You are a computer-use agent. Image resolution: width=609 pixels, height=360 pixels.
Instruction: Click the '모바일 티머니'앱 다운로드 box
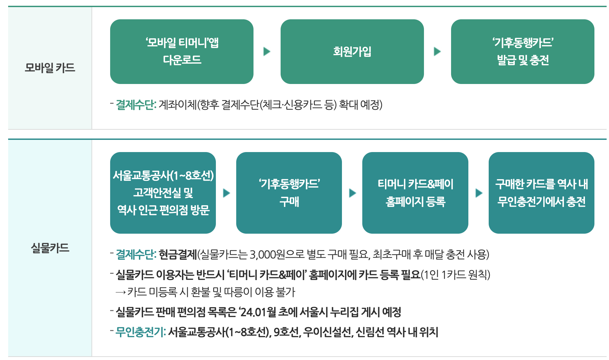[182, 51]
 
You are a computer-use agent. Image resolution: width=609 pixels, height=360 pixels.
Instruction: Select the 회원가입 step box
[352, 51]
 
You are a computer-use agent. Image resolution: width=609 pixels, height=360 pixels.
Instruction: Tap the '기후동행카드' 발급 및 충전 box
[522, 51]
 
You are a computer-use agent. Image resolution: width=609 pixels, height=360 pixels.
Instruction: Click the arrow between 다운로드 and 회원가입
[267, 51]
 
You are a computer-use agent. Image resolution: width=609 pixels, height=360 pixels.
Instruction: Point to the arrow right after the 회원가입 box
[438, 51]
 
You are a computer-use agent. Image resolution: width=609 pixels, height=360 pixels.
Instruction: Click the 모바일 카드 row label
[50, 68]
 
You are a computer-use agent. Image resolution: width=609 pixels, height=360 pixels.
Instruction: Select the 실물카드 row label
[50, 248]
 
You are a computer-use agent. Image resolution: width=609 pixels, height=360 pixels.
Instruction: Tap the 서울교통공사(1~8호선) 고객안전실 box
[163, 193]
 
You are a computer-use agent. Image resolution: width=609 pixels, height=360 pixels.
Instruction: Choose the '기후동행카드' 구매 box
[289, 193]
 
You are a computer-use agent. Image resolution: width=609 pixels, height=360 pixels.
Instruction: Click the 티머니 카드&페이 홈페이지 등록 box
[415, 193]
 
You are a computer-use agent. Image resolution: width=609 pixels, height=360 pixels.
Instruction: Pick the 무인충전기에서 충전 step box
[541, 193]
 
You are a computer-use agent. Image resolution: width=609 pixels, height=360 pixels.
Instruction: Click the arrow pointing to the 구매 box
[226, 193]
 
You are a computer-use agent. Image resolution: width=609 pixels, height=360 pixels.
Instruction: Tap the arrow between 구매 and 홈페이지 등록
[352, 193]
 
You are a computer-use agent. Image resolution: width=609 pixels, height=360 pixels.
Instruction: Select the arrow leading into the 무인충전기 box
[479, 193]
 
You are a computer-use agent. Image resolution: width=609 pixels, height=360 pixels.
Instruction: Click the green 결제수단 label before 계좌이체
[136, 105]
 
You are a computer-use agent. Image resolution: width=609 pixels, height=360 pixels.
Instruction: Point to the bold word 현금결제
[178, 254]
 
